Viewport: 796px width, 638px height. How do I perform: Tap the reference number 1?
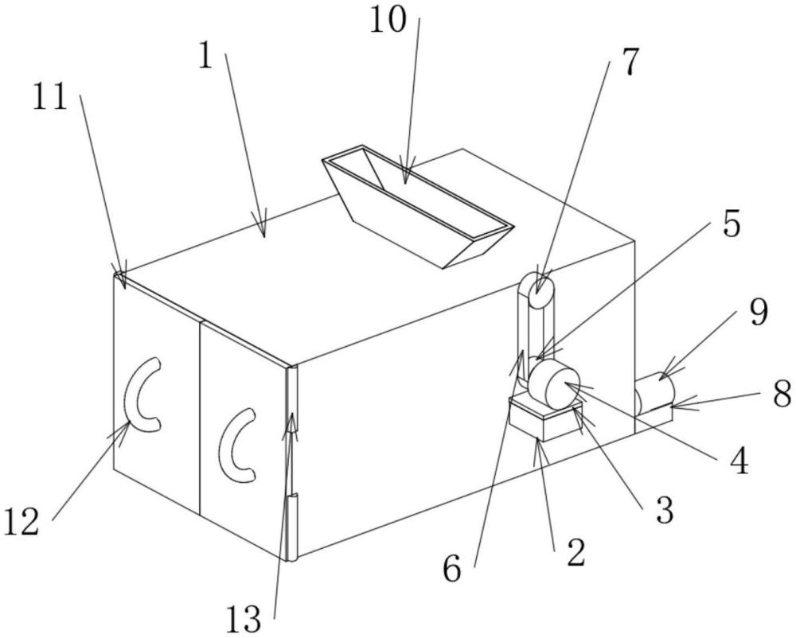click(x=206, y=56)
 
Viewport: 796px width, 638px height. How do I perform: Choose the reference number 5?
click(x=730, y=225)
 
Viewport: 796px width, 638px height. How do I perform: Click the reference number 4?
click(x=739, y=460)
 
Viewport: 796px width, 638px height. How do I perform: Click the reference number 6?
click(x=452, y=570)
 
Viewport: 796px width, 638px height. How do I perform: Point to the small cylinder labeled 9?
click(x=655, y=392)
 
